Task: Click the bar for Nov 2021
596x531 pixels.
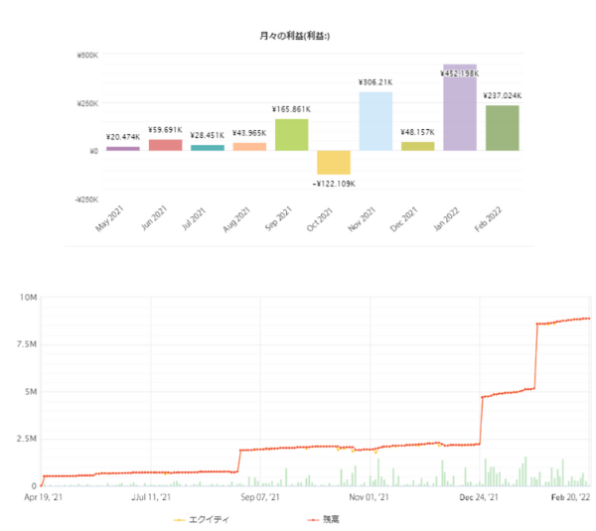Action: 375,121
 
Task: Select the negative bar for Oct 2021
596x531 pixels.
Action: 334,162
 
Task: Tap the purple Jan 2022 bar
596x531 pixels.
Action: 460,107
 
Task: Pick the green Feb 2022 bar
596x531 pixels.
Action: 502,128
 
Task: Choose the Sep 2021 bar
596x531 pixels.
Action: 291,135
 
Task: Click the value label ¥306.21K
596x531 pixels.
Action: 375,82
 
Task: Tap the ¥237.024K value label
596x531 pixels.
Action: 503,96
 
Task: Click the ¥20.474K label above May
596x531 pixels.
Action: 123,138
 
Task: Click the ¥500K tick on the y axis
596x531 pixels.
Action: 87,56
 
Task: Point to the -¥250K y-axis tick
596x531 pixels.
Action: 85,199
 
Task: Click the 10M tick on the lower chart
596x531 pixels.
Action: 27,297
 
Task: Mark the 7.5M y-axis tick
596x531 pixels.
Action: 25,344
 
